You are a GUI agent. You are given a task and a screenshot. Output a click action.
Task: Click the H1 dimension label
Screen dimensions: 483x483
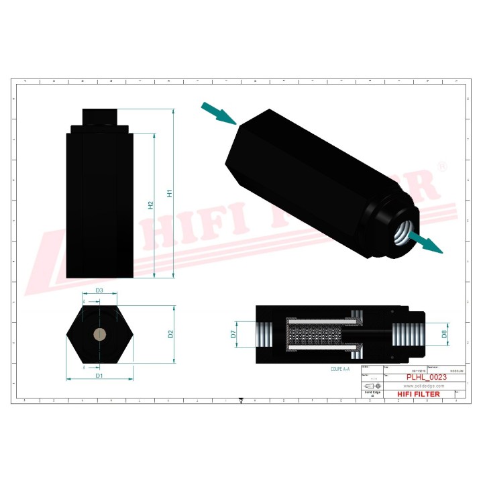[x=170, y=193]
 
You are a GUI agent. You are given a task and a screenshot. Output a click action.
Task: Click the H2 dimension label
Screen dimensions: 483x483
[x=151, y=205]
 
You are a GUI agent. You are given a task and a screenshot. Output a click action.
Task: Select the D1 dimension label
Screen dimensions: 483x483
[x=99, y=376]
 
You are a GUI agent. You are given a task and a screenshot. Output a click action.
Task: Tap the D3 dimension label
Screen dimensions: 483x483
[x=99, y=290]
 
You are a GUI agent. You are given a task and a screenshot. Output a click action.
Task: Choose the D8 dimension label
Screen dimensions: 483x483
[x=443, y=333]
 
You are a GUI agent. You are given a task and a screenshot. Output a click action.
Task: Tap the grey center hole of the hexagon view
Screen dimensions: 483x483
[x=99, y=334]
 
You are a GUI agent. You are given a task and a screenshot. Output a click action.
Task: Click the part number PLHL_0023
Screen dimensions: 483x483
[x=427, y=378]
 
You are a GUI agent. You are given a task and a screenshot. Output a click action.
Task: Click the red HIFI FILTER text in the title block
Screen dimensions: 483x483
[x=419, y=394]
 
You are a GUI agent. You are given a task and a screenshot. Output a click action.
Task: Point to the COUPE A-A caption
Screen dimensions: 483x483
[x=340, y=369]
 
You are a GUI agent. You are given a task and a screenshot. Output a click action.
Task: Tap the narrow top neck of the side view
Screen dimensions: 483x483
[x=99, y=117]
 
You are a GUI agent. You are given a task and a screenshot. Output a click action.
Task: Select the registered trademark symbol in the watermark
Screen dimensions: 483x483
[x=441, y=165]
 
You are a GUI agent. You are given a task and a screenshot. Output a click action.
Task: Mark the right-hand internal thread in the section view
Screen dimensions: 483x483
[x=407, y=333]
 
